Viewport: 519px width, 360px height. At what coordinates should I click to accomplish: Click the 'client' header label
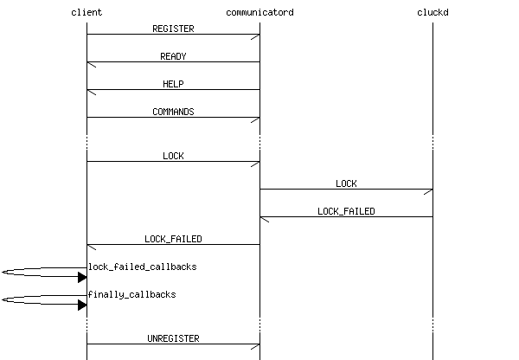(86, 12)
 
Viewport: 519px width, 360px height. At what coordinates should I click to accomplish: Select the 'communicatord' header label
(259, 12)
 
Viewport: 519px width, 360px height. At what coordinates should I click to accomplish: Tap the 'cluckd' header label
(432, 12)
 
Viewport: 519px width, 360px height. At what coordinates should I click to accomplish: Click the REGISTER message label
(173, 29)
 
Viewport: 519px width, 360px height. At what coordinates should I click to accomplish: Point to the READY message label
(173, 56)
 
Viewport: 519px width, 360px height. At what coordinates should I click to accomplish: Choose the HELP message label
(173, 84)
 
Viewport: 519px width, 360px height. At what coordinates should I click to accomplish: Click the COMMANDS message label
(173, 112)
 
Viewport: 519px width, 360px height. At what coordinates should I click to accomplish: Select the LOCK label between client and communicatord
(173, 156)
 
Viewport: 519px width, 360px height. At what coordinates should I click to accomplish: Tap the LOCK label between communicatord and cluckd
(346, 183)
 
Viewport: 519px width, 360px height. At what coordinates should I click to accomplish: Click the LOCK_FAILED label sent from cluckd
(346, 211)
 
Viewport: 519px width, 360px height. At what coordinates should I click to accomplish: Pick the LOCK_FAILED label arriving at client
(173, 239)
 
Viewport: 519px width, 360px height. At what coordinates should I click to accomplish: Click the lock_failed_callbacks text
(143, 267)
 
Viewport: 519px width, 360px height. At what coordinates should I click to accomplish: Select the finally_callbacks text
(132, 294)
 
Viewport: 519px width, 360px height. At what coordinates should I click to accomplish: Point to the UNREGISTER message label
(173, 338)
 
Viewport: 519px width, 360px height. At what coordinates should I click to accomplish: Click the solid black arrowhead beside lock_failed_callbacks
(82, 278)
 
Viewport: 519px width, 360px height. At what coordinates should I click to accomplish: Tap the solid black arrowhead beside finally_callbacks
(82, 305)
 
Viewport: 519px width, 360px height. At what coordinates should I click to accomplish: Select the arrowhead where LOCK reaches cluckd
(428, 191)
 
